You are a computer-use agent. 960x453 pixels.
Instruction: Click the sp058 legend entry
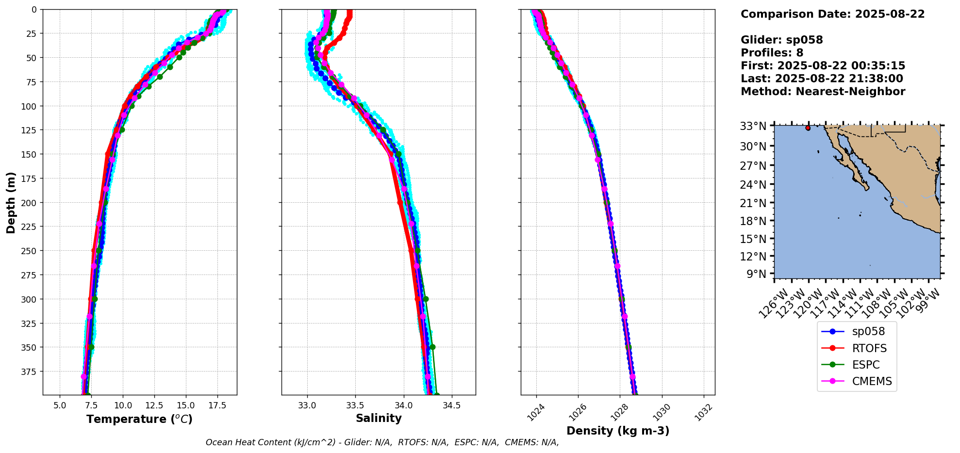(857, 332)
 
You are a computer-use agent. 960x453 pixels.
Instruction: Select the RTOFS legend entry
(857, 348)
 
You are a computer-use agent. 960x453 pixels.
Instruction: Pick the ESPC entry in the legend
(857, 365)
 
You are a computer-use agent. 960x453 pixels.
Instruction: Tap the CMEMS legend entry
(857, 381)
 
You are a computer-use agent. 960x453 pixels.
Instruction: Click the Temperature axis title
(139, 419)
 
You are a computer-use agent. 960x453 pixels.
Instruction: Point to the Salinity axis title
(379, 419)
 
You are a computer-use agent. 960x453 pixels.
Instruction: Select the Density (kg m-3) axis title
(618, 431)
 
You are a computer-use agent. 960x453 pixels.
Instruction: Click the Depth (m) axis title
(11, 202)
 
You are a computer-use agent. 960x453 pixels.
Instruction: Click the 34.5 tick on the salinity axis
(452, 405)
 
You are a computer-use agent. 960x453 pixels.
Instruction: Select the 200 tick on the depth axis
(30, 203)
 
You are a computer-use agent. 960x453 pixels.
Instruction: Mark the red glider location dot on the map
(808, 128)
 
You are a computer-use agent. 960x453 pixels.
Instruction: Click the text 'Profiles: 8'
(772, 53)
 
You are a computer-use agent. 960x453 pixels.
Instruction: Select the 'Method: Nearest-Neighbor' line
(823, 92)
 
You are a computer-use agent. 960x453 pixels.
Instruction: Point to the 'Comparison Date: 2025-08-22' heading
(832, 14)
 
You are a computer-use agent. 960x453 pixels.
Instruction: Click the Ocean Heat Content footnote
(382, 442)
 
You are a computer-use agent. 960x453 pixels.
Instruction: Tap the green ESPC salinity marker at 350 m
(432, 347)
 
